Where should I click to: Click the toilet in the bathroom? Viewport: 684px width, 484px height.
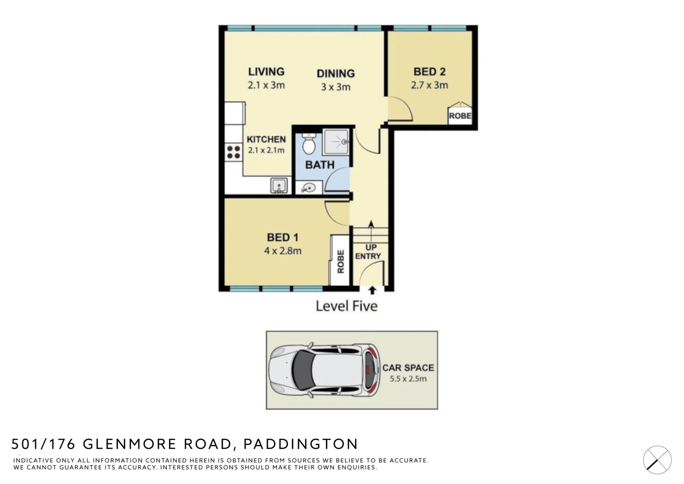[x=308, y=143]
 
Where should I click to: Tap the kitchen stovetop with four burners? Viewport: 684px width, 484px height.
[x=234, y=152]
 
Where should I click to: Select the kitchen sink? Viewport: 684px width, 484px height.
[x=279, y=185]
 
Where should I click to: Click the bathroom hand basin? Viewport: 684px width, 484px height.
[x=308, y=188]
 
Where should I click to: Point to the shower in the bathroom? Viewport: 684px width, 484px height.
[x=336, y=142]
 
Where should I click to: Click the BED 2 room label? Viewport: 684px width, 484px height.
[x=429, y=72]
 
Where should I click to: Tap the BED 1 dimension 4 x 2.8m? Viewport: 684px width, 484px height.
[x=282, y=251]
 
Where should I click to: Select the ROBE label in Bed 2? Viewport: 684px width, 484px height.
[x=460, y=116]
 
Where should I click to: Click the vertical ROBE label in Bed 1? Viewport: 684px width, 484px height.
[x=340, y=261]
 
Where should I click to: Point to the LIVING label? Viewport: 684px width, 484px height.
[x=266, y=72]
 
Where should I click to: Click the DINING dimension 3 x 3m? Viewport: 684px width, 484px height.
[x=335, y=87]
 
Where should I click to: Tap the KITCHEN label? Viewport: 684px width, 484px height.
[x=266, y=139]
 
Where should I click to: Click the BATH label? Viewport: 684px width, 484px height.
[x=320, y=165]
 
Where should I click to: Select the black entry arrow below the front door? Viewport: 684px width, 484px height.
[x=372, y=290]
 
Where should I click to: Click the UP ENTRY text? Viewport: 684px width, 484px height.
[x=368, y=252]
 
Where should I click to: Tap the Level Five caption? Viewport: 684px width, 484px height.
[x=346, y=306]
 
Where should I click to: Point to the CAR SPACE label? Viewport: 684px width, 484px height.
[x=408, y=367]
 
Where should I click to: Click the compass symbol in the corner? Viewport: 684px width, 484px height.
[x=657, y=460]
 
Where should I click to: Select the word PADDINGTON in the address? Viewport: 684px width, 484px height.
[x=300, y=444]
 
